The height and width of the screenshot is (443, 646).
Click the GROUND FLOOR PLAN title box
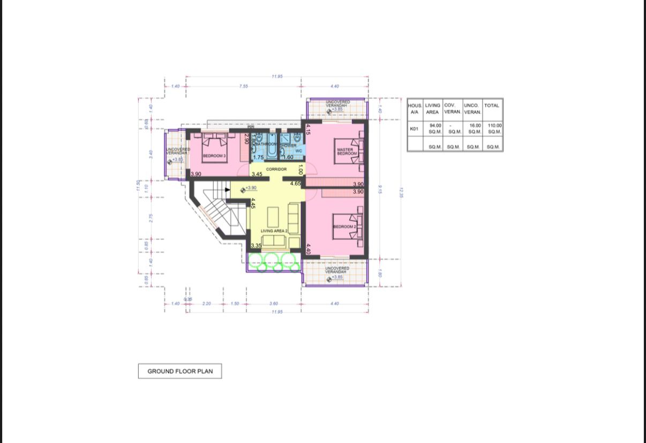point(180,371)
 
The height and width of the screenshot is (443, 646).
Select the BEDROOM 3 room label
point(214,156)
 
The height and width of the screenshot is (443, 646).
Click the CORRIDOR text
point(276,169)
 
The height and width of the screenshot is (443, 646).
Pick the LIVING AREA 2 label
point(274,231)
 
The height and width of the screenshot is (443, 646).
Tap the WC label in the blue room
point(299,151)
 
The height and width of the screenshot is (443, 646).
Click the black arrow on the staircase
point(228,189)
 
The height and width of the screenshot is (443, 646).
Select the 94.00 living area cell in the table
point(435,125)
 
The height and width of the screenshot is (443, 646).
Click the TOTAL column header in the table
point(492,106)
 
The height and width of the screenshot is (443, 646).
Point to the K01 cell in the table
point(414,129)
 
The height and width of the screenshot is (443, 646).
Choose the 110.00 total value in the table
point(494,125)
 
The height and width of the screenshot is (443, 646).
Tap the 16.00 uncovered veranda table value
point(475,125)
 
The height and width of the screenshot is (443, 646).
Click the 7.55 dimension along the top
point(244,86)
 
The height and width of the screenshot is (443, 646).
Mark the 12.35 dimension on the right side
point(401,192)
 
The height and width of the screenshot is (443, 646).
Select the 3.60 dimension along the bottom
point(274,304)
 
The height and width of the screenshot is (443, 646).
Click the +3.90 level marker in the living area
point(249,188)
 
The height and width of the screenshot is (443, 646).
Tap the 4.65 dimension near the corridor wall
point(295,184)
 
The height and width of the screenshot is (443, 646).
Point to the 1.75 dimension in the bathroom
point(258,157)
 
